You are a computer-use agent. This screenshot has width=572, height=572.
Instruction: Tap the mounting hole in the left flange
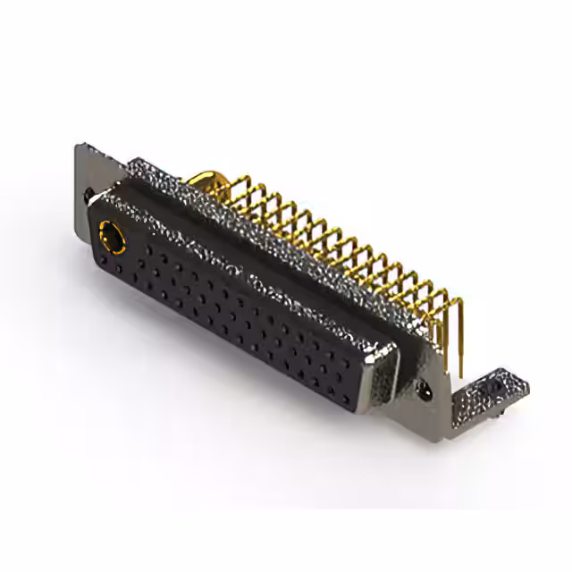coord(89,192)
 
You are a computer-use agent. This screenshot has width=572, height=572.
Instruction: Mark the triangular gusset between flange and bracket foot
coord(447,393)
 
